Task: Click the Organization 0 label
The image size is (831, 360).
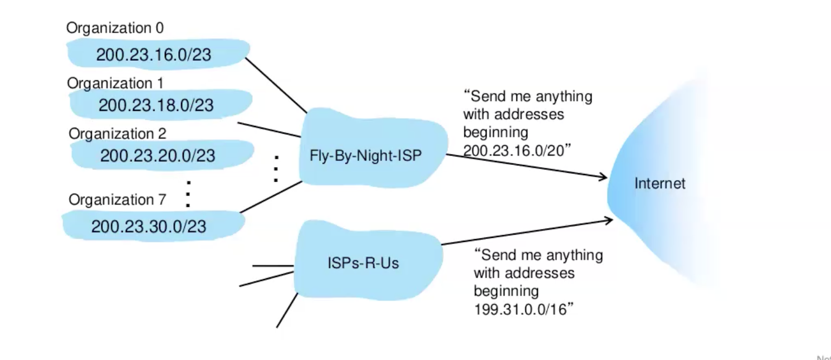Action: coord(115,28)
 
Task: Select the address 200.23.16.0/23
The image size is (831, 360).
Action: coord(154,55)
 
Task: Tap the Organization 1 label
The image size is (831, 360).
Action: coord(115,83)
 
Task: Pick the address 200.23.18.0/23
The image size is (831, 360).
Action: coord(156,105)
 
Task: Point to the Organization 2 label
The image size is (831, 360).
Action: coord(118,134)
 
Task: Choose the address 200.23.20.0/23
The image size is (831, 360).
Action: coord(158,155)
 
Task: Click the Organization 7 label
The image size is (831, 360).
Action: coord(118,200)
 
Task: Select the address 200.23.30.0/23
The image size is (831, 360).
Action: coord(149,226)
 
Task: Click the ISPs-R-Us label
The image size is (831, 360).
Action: coord(363,262)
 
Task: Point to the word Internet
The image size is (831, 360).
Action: coord(660,183)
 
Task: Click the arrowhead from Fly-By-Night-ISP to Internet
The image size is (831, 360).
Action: coord(603,178)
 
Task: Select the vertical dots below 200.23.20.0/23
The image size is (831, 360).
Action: coord(188,194)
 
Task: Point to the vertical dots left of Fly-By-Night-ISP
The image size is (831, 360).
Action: coord(276,168)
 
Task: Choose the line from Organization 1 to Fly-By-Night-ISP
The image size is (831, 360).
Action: coord(269,129)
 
